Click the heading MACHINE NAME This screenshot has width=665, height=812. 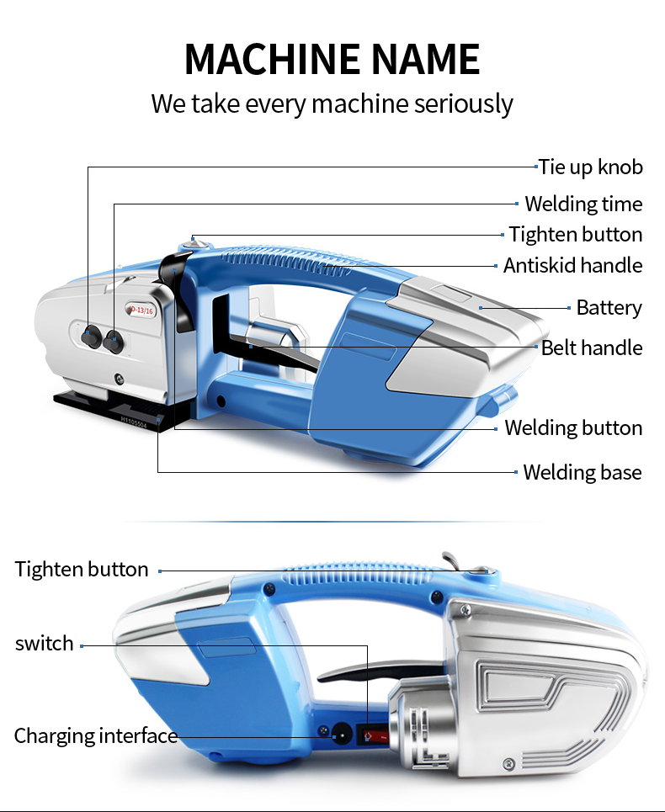332,59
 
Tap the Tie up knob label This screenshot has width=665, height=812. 591,167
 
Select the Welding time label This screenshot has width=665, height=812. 583,204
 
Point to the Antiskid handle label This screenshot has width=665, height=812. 572,266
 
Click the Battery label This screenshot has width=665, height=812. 609,308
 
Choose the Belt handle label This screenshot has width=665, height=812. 592,348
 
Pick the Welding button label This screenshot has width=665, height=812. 573,428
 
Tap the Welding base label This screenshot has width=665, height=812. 582,472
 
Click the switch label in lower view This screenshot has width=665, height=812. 45,644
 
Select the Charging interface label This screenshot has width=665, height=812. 96,736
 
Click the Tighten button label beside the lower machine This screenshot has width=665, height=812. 82,570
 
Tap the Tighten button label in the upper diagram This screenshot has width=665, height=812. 576,235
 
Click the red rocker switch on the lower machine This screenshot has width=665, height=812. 371,735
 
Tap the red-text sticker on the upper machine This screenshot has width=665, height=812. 141,310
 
